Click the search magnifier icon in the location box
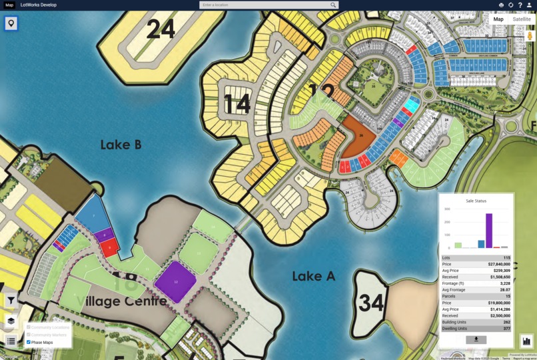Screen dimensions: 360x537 (x=333, y=5)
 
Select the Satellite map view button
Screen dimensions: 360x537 (x=522, y=19)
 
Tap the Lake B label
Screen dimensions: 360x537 (x=121, y=145)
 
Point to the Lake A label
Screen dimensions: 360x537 (x=313, y=276)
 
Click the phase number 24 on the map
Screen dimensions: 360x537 (x=161, y=29)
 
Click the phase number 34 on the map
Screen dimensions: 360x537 (x=371, y=303)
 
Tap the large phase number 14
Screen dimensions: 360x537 (x=237, y=105)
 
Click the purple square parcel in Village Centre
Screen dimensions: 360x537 (x=176, y=281)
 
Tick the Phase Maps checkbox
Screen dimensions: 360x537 (x=29, y=342)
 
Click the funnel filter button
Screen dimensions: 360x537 (x=11, y=301)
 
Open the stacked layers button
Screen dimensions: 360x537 (x=11, y=321)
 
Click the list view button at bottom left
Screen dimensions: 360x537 (x=11, y=341)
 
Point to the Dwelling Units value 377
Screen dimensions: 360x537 (x=506, y=329)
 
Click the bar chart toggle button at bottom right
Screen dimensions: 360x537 (x=526, y=341)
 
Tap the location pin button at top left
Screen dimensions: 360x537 (x=11, y=23)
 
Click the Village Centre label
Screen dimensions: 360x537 (x=121, y=301)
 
